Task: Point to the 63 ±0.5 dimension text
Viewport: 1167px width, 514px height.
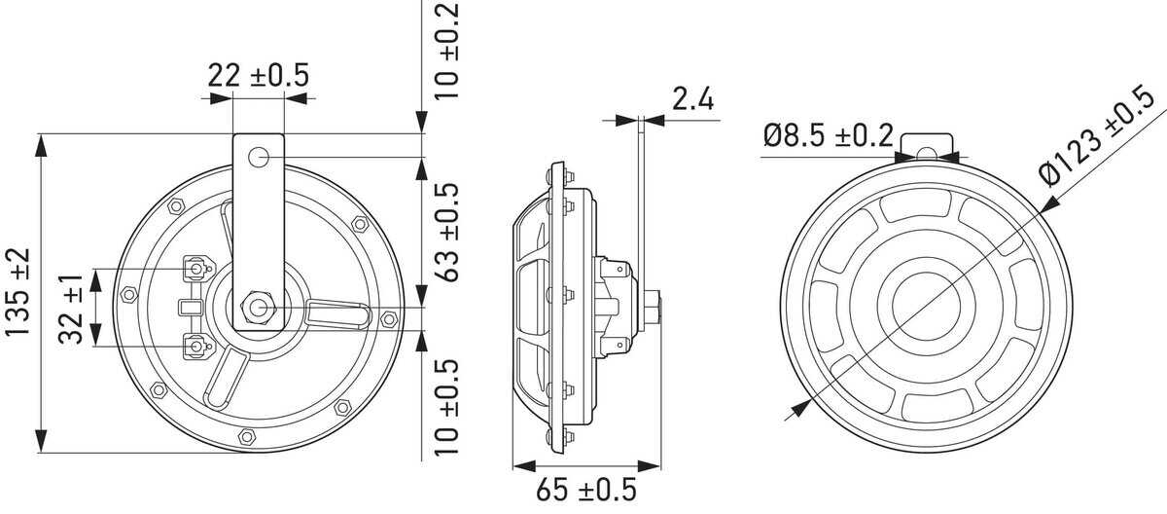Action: [449, 231]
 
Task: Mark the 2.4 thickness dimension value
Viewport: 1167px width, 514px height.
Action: [691, 98]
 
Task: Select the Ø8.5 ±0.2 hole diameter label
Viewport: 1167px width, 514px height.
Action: [828, 136]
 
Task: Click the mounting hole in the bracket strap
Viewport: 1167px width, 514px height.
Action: [258, 157]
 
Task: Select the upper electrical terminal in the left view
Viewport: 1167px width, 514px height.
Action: [197, 267]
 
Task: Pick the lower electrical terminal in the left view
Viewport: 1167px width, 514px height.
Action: [197, 345]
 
